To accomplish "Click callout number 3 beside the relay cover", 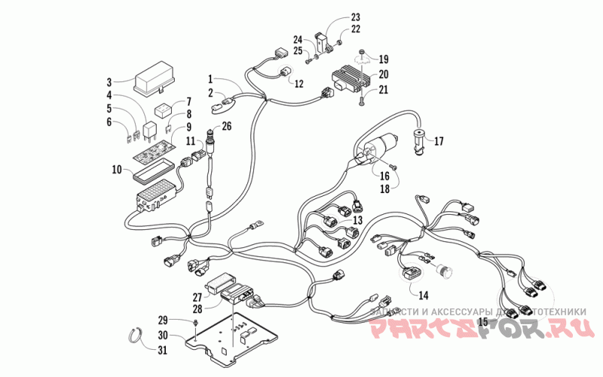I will pyautogui.click(x=109, y=81).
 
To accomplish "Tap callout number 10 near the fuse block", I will pyautogui.click(x=116, y=170).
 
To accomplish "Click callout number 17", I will pyautogui.click(x=439, y=140).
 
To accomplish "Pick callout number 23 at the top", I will pyautogui.click(x=356, y=17).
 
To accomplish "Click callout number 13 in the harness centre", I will pyautogui.click(x=357, y=219).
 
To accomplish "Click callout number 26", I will pyautogui.click(x=226, y=126).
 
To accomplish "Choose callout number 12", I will pyautogui.click(x=299, y=84).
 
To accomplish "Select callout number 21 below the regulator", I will pyautogui.click(x=383, y=90).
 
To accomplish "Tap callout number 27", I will pyautogui.click(x=197, y=296).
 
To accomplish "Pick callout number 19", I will pyautogui.click(x=383, y=59).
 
